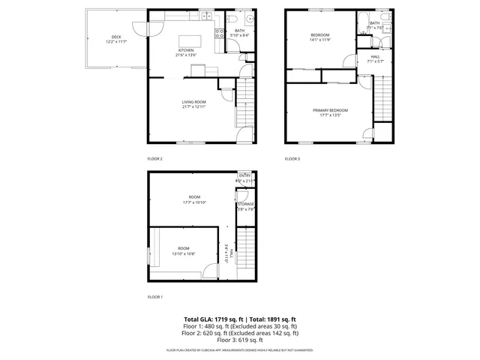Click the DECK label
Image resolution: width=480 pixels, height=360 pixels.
tap(116, 38)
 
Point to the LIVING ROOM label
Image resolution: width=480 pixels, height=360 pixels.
tap(193, 104)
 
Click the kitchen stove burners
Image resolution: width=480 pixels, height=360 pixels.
tap(220, 33)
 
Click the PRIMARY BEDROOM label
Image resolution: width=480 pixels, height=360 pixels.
tap(330, 112)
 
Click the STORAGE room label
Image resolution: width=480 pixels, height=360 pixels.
tap(246, 206)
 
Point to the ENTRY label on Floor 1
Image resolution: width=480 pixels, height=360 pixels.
tap(245, 178)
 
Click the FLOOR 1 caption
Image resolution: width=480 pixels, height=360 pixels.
tap(154, 298)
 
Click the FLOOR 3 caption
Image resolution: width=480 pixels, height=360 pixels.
tap(292, 159)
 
